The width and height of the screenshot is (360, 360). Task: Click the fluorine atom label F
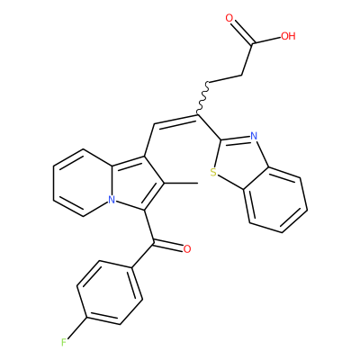pos(64,342)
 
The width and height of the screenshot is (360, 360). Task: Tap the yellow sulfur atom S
pos(213,173)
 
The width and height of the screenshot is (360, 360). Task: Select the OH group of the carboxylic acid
pos(288,36)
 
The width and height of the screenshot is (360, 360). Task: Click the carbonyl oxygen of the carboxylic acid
pos(229,18)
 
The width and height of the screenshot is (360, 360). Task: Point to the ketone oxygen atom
pos(187,249)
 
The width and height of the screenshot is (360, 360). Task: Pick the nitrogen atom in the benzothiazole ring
pos(254,137)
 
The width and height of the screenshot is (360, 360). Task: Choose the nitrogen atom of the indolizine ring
pos(112,200)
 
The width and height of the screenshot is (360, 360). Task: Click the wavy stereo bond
pos(202,98)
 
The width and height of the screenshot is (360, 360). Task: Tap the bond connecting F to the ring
pos(76,328)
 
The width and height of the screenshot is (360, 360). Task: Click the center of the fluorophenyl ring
pos(110,292)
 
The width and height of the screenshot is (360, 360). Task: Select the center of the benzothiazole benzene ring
pos(275,200)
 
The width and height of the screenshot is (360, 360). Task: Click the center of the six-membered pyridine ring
pos(83,183)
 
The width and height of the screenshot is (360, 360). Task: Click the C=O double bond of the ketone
pos(168,246)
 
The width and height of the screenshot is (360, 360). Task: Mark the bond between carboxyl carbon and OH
pos(267,40)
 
